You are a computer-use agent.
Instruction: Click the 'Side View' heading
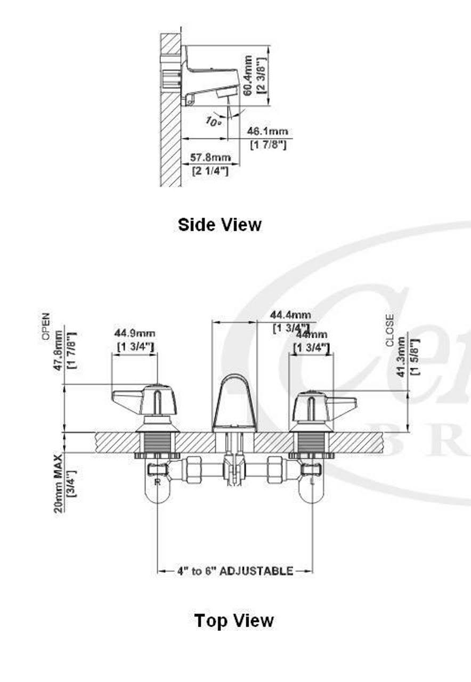(x=220, y=224)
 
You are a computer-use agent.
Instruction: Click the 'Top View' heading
(x=234, y=620)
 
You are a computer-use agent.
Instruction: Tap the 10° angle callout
(x=213, y=121)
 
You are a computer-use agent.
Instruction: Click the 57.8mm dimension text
(x=211, y=157)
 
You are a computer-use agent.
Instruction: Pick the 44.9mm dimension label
(x=135, y=334)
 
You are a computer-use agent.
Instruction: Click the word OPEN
(x=46, y=326)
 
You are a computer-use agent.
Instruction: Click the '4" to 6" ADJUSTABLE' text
(x=234, y=571)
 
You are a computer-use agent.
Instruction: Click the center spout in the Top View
(x=234, y=402)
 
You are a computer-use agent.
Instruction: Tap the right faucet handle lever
(x=342, y=402)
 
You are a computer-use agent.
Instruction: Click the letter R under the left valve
(x=157, y=481)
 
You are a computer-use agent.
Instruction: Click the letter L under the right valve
(x=312, y=481)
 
